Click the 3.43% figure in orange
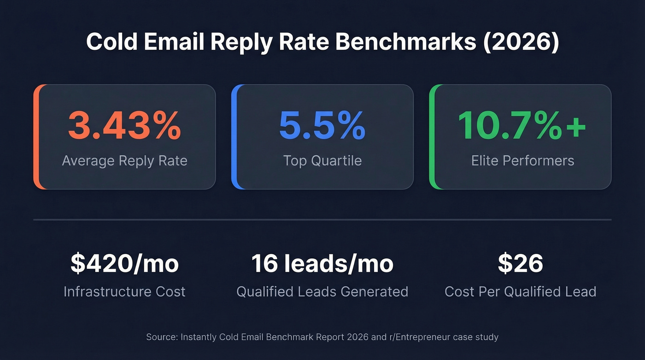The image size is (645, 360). coord(124,125)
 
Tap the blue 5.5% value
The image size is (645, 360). coord(322,125)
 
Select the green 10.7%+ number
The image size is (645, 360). coord(522,125)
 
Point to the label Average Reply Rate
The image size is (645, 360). coord(124,160)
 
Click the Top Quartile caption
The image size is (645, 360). coord(322,160)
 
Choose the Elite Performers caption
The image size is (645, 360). coord(522,160)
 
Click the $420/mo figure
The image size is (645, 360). coord(124,263)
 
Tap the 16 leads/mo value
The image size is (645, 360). coord(322,263)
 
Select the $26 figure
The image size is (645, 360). coord(520,263)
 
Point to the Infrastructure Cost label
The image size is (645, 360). coord(124,291)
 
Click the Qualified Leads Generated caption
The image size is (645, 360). coord(322,291)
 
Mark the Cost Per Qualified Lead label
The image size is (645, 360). coord(520,291)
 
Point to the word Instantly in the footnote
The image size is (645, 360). coord(199,337)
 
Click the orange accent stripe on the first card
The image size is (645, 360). coord(36,137)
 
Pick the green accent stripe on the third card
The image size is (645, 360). coord(432,137)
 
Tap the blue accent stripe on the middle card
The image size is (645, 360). coord(234,137)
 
